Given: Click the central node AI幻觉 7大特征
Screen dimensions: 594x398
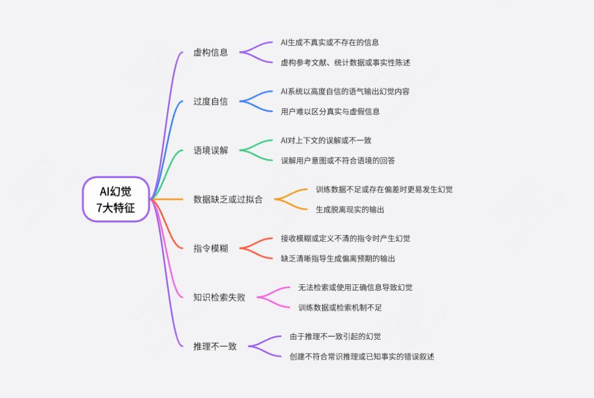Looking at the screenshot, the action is (116, 199).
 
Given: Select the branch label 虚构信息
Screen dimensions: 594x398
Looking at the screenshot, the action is (211, 52).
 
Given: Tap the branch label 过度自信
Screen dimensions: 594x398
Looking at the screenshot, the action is (211, 102).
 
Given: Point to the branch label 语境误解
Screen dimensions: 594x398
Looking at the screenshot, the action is (211, 150).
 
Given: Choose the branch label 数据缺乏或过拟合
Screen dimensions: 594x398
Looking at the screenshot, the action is (228, 199).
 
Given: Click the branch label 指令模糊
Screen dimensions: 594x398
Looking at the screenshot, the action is (211, 248).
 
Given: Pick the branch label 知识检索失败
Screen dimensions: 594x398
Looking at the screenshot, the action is (219, 297).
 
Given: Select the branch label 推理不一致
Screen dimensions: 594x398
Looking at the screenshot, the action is (215, 346).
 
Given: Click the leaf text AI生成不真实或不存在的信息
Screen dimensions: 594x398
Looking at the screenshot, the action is (329, 42).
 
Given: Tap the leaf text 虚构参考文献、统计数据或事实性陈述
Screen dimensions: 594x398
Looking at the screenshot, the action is (345, 63).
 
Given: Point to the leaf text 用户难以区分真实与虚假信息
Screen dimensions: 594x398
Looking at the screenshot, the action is (330, 112).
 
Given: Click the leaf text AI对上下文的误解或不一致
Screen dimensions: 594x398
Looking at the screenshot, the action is (326, 141).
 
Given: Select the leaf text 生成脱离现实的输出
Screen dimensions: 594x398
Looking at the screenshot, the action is (350, 209).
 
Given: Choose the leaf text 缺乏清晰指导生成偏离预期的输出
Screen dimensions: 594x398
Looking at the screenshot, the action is (338, 258).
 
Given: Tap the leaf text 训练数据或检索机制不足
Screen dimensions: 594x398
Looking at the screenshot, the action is (340, 307).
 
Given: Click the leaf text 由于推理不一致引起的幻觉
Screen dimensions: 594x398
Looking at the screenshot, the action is (335, 336).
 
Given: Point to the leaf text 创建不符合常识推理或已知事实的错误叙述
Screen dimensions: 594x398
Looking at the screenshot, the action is (362, 357).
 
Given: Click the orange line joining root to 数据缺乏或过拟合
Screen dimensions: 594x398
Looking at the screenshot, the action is (167, 199).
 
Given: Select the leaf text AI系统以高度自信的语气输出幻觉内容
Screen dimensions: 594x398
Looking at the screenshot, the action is (345, 91).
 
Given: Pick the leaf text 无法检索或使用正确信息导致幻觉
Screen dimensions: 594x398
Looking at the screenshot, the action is (355, 288).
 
